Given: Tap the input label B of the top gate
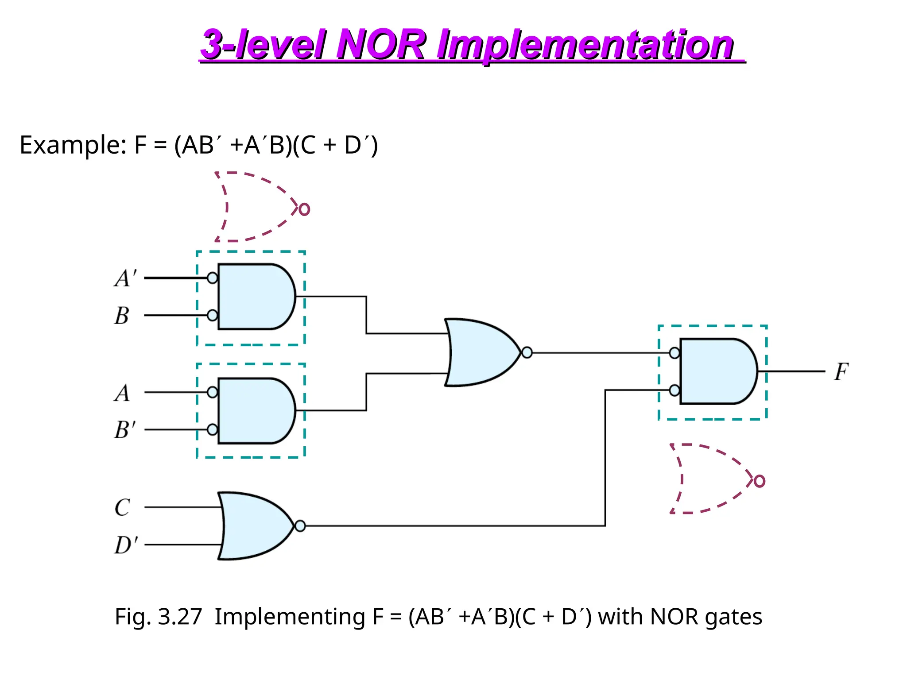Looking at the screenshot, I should tap(122, 316).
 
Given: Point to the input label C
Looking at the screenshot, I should tap(122, 508).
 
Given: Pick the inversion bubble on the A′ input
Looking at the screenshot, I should tap(213, 278).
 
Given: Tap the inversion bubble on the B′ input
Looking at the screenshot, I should tap(213, 429).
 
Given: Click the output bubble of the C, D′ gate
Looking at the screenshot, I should tap(300, 526).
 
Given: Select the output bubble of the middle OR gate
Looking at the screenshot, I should tap(527, 353).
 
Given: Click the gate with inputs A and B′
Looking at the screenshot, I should tap(255, 411).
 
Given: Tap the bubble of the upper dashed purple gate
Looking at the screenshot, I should tap(304, 209).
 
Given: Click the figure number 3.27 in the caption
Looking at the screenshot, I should tap(180, 617).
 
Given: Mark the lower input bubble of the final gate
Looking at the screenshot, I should tap(674, 390).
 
